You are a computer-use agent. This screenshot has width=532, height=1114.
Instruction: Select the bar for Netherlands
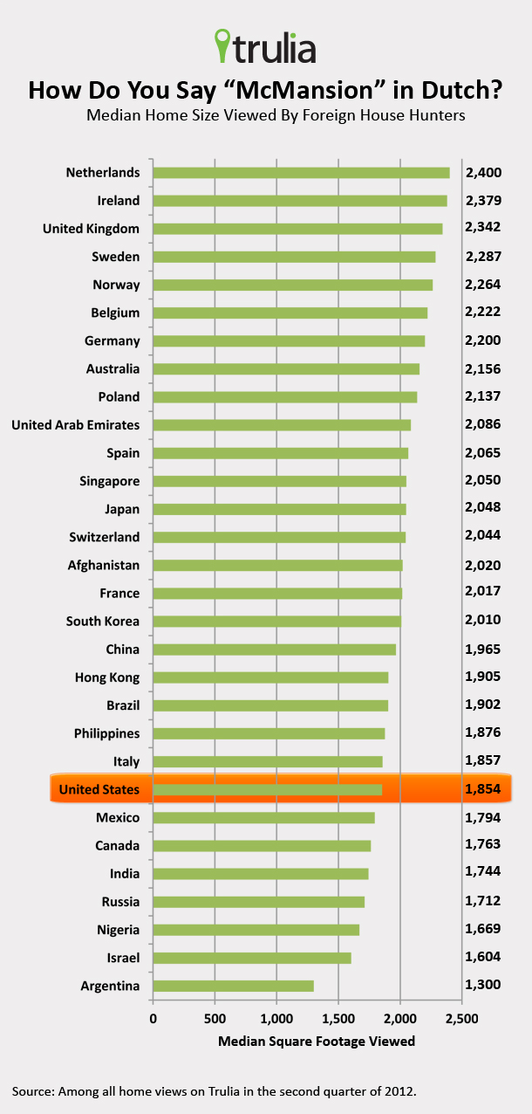301,172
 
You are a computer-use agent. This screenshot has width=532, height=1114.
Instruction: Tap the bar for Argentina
233,986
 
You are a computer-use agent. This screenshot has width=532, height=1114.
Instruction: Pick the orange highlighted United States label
99,790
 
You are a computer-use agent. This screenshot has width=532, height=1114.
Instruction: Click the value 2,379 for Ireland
483,201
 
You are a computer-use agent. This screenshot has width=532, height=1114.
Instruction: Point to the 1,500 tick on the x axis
338,1019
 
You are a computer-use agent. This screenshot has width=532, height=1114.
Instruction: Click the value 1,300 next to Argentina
483,986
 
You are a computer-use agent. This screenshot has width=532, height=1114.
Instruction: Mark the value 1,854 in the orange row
483,790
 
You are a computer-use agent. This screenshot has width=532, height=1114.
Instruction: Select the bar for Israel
252,958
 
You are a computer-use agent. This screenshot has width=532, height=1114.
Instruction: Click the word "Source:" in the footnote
34,1090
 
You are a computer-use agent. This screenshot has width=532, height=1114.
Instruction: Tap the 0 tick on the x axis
153,1019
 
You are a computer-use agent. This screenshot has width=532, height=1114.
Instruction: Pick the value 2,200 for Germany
483,340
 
